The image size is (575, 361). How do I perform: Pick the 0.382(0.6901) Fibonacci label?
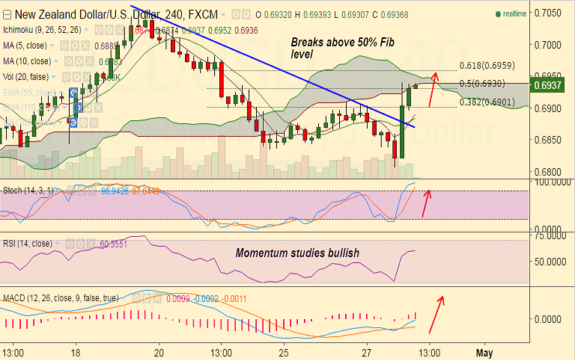(x=487, y=102)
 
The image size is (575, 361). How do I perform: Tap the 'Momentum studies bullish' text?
(x=297, y=253)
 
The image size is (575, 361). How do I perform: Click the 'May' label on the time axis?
(x=484, y=351)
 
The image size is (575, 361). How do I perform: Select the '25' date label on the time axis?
(x=284, y=351)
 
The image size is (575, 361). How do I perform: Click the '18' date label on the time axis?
(x=76, y=351)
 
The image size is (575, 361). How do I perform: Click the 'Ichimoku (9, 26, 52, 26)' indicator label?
(x=42, y=31)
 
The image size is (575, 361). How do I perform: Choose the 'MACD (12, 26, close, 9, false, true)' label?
(x=60, y=298)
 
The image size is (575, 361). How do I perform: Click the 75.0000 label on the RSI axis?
(x=550, y=235)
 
